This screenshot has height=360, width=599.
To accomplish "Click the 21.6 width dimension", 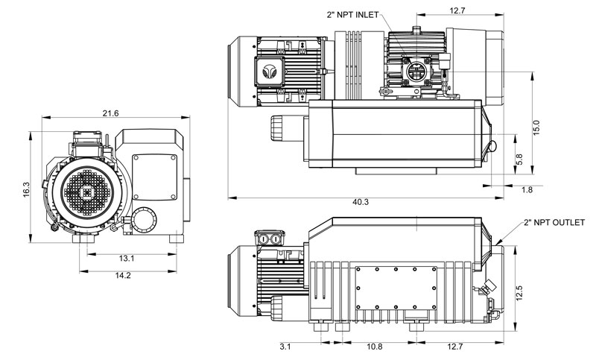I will [110, 113].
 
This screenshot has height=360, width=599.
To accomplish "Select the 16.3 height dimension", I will [26, 190].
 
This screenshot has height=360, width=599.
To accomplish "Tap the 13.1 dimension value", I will [126, 259].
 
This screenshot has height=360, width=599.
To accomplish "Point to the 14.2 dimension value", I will [124, 276].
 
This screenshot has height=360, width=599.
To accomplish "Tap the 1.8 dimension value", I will [526, 190].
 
